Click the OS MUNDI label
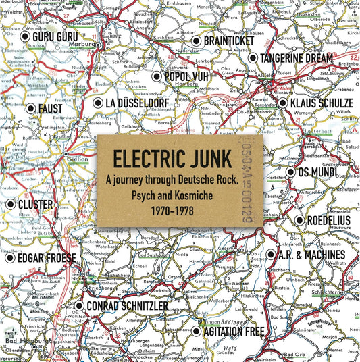click(322, 172)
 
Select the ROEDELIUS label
click(327, 219)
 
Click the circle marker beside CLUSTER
click(9, 204)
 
